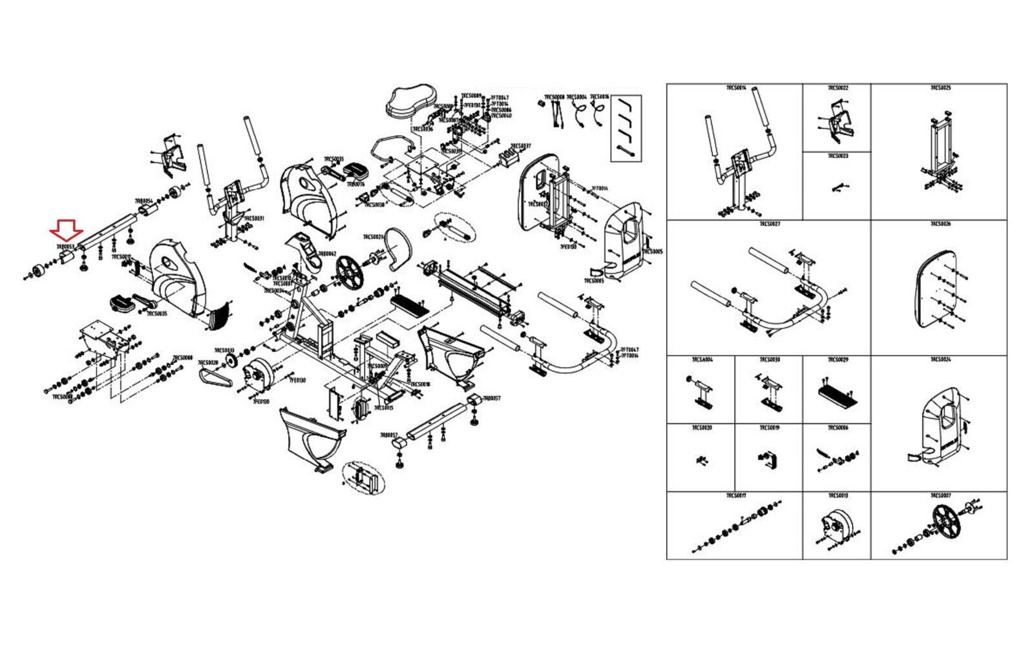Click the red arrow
tap(65, 229)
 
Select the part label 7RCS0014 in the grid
tap(735, 87)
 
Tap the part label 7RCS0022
tap(838, 87)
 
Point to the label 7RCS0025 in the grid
tap(940, 87)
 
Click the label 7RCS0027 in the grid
tap(770, 224)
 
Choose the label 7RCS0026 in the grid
tap(940, 224)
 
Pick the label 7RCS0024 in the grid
tap(940, 360)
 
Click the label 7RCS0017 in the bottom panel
tap(735, 496)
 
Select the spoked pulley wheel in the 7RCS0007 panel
tap(946, 521)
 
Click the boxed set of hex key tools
tap(626, 127)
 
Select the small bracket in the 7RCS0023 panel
tap(837, 187)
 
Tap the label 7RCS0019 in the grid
tap(769, 428)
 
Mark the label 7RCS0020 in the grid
tap(701, 428)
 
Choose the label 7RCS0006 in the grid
tap(838, 428)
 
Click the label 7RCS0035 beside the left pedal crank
tap(156, 314)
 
